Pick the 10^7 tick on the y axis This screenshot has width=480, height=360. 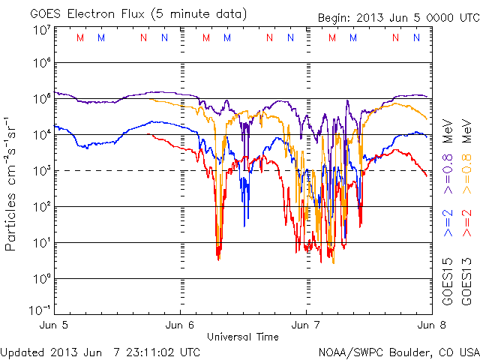click(40, 30)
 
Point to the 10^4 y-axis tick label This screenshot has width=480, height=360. click(40, 135)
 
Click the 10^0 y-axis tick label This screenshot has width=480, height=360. click(40, 279)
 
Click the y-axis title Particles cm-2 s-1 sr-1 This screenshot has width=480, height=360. click(12, 184)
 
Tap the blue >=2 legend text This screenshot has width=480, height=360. click(448, 225)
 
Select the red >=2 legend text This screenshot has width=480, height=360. click(466, 225)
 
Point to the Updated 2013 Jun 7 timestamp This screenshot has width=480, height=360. click(100, 351)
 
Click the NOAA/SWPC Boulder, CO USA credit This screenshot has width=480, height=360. click(398, 351)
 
